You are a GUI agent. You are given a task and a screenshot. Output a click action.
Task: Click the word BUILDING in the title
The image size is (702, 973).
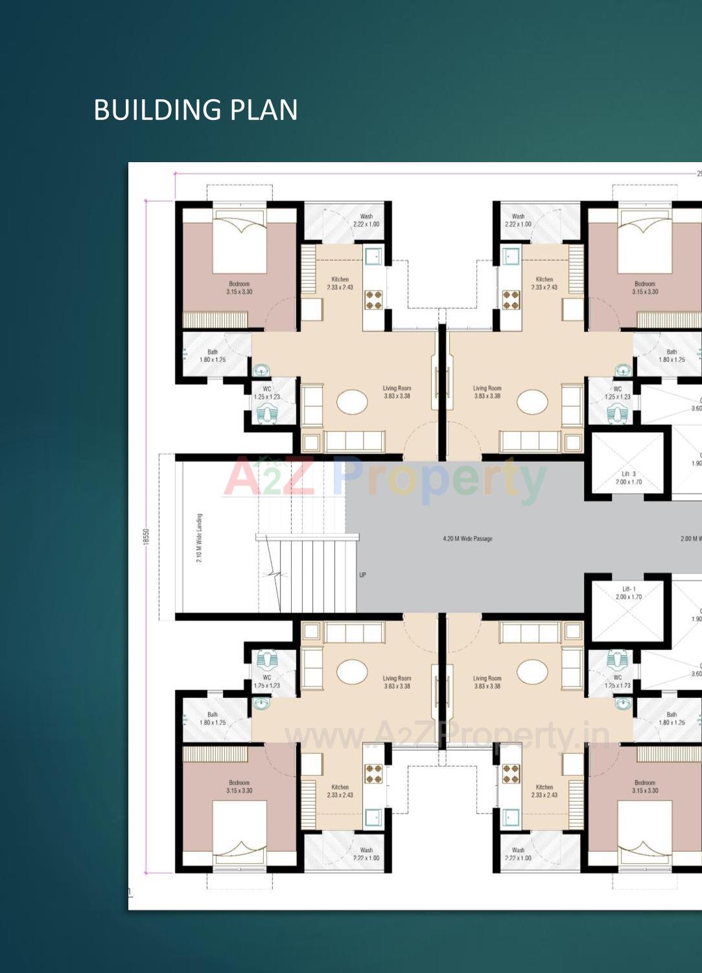pyautogui.click(x=159, y=110)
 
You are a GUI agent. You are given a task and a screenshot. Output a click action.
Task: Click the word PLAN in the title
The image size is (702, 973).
pyautogui.click(x=264, y=110)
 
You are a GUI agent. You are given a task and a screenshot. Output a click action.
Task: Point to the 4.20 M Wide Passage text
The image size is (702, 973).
pyautogui.click(x=467, y=539)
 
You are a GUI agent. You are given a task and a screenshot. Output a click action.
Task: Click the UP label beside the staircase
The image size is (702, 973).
pyautogui.click(x=362, y=575)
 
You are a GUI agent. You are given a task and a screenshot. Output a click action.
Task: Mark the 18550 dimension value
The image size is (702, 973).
pyautogui.click(x=146, y=536)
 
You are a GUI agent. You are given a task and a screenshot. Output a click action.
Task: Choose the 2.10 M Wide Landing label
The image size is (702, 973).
pyautogui.click(x=200, y=538)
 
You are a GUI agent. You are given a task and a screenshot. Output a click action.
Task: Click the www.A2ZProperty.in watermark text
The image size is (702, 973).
pyautogui.click(x=447, y=736)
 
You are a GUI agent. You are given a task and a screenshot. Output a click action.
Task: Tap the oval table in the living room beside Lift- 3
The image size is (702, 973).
pyautogui.click(x=532, y=402)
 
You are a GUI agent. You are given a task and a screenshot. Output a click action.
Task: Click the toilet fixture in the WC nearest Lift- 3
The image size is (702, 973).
pyautogui.click(x=617, y=413)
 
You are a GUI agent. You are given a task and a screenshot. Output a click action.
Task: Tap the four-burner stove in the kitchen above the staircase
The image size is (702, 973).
pyautogui.click(x=373, y=299)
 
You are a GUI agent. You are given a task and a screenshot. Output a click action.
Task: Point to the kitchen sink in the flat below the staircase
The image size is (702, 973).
pyautogui.click(x=373, y=817)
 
